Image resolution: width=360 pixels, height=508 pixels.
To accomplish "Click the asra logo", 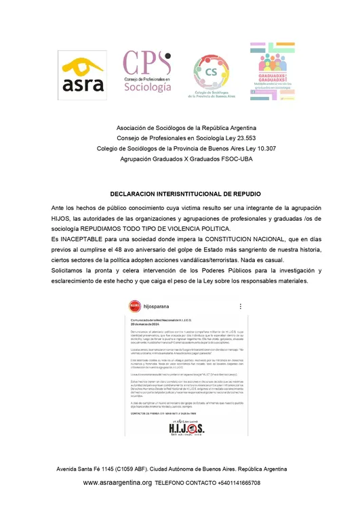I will [83, 75].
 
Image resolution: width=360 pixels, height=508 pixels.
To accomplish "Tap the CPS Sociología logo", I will [146, 72].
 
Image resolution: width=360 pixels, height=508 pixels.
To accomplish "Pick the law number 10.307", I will [262, 149].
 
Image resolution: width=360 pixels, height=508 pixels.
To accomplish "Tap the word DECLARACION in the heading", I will [134, 194].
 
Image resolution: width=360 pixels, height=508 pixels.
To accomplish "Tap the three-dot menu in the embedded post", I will [239, 306].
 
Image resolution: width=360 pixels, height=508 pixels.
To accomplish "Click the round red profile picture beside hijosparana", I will [138, 306].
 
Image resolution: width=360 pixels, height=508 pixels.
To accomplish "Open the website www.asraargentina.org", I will [117, 483].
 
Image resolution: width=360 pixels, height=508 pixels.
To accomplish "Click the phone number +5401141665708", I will [229, 483].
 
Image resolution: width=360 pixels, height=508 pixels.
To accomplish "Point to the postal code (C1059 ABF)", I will [138, 469].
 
